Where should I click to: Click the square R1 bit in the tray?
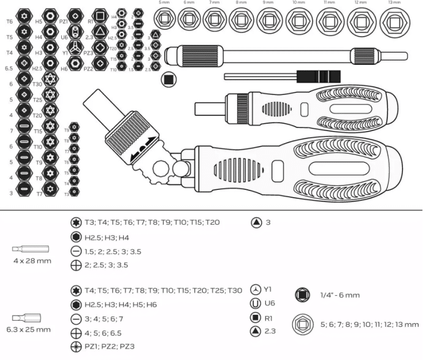pos(100,15)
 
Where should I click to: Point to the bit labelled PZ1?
pos(74,15)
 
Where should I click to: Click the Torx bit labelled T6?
pos(24,15)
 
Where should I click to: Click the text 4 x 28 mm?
pos(32,261)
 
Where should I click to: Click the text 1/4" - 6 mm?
pos(340,295)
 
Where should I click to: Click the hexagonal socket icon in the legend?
pos(302,324)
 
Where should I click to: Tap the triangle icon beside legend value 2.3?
pos(256,331)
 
